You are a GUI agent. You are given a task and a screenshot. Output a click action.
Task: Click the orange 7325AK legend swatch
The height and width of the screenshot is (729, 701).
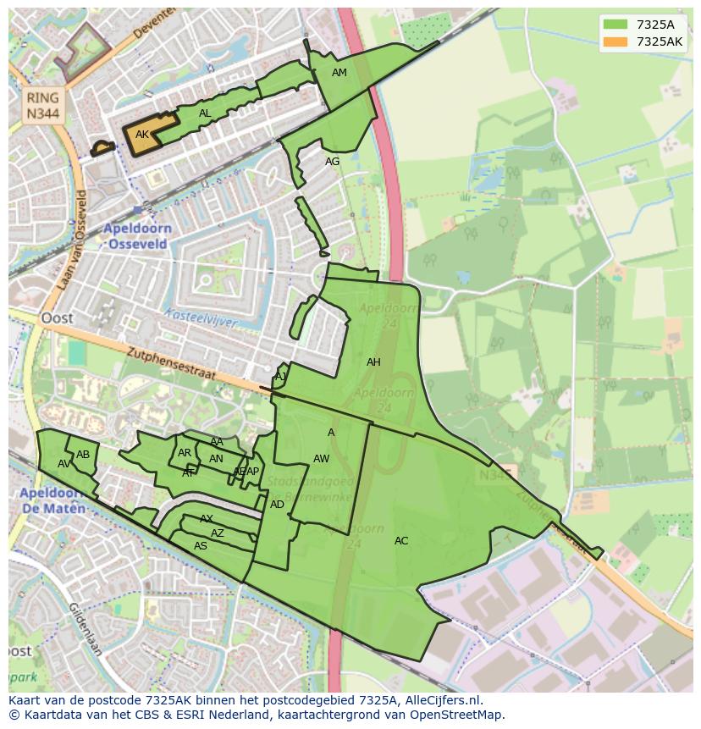coord(616,41)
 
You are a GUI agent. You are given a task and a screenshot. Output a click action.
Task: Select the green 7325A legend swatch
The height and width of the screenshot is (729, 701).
coord(616,24)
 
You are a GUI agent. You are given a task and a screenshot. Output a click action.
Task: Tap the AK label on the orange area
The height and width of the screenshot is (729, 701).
coord(142,135)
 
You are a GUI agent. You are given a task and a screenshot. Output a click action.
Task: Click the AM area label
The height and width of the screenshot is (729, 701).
coord(339,73)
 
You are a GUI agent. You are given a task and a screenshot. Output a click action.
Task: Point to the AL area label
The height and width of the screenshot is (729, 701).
coord(205,113)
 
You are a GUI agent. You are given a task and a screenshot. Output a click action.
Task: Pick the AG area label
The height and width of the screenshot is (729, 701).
coord(332,162)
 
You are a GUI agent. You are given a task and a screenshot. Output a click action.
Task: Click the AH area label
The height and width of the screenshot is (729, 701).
coord(373,362)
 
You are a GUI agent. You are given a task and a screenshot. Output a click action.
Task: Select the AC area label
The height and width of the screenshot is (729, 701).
coord(401,541)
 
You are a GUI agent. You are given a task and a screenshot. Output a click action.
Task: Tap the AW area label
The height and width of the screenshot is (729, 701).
coord(321,459)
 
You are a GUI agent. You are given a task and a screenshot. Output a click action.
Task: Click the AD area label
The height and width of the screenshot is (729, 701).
coord(277,505)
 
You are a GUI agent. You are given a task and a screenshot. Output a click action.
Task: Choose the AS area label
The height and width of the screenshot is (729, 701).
coord(201,546)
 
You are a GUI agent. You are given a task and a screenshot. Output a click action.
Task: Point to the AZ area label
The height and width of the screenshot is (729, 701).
coord(218,533)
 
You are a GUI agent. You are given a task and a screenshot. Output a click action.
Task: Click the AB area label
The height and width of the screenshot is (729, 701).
coord(83,455)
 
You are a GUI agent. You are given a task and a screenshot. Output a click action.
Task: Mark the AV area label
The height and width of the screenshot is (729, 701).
coord(64,464)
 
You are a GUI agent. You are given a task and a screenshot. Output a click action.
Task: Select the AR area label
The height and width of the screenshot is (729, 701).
coord(185,453)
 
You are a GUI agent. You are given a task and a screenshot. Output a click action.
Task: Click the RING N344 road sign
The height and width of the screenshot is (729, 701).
coord(42,106)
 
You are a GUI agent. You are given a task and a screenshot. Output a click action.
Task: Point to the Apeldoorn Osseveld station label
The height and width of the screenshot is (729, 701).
coord(137,236)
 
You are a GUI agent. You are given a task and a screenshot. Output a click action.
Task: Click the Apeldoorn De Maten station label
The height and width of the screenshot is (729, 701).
coord(52,500)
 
